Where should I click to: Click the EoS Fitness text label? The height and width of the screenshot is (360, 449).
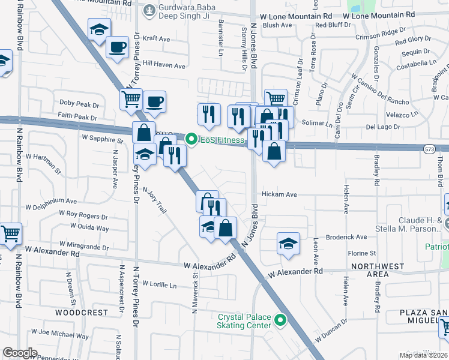point(223,140)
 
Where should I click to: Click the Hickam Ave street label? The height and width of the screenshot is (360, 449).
point(279,194)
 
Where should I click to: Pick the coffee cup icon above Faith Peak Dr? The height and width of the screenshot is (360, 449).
point(155,101)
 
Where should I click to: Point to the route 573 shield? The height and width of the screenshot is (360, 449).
point(428,150)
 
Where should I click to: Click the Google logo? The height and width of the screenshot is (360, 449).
point(19,353)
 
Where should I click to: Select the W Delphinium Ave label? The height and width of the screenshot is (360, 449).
point(51,202)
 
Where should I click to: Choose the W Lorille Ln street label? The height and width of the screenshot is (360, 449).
point(157,285)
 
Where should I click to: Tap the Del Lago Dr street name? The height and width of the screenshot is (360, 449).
point(382,127)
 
